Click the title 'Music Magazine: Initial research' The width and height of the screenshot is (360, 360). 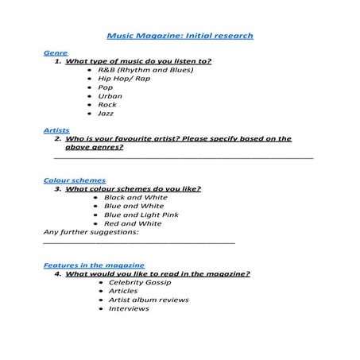[x=180, y=36]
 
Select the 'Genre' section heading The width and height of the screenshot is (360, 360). [x=55, y=52]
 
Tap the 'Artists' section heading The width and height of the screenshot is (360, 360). [x=56, y=130]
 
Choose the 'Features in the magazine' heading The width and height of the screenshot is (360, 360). [x=94, y=265]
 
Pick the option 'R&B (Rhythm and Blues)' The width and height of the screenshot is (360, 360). [x=145, y=69]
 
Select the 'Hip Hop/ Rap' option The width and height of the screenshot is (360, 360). [x=124, y=79]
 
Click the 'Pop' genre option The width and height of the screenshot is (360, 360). [x=105, y=87]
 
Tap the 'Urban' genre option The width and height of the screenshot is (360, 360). [x=110, y=96]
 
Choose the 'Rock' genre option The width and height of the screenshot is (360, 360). [x=107, y=105]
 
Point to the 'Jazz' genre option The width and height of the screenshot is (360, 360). [x=106, y=114]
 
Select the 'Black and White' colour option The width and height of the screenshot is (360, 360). [x=135, y=197]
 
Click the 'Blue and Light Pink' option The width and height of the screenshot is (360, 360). [x=141, y=215]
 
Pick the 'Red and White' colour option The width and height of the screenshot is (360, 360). [x=132, y=223]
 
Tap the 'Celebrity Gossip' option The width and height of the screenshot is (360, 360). [x=141, y=282]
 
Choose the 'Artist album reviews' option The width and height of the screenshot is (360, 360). [x=149, y=300]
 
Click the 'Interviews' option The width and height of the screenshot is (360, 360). [x=129, y=308]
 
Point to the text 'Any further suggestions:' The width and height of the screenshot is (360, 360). [x=91, y=232]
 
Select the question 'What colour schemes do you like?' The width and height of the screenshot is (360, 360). [x=133, y=189]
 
